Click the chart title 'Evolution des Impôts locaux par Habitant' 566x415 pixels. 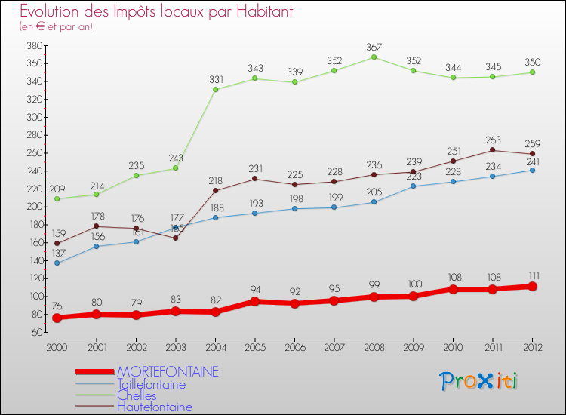pyautogui.click(x=156, y=11)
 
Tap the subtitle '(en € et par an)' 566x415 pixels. pyautogui.click(x=56, y=26)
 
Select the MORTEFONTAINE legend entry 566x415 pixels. pyautogui.click(x=167, y=372)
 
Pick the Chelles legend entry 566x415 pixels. pyautogui.click(x=137, y=395)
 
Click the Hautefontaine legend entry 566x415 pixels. pyautogui.click(x=154, y=407)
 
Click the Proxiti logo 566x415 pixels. pyautogui.click(x=479, y=381)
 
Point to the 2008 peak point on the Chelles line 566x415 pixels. pyautogui.click(x=374, y=57)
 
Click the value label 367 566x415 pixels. pyautogui.click(x=374, y=46)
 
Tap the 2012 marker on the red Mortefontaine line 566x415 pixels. pyautogui.click(x=532, y=286)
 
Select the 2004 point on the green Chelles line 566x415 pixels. pyautogui.click(x=215, y=89)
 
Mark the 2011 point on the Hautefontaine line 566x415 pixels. pyautogui.click(x=493, y=149)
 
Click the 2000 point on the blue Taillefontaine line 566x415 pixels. pyautogui.click(x=57, y=263)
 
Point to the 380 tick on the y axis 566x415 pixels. pyautogui.click(x=35, y=45)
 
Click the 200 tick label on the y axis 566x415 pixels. pyautogui.click(x=35, y=207)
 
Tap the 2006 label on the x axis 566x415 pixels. pyautogui.click(x=294, y=346)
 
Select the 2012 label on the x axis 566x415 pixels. pyautogui.click(x=532, y=346)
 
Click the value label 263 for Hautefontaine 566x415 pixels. pyautogui.click(x=493, y=139)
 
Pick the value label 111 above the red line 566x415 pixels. pyautogui.click(x=532, y=275)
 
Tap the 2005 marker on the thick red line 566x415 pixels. pyautogui.click(x=255, y=301)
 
